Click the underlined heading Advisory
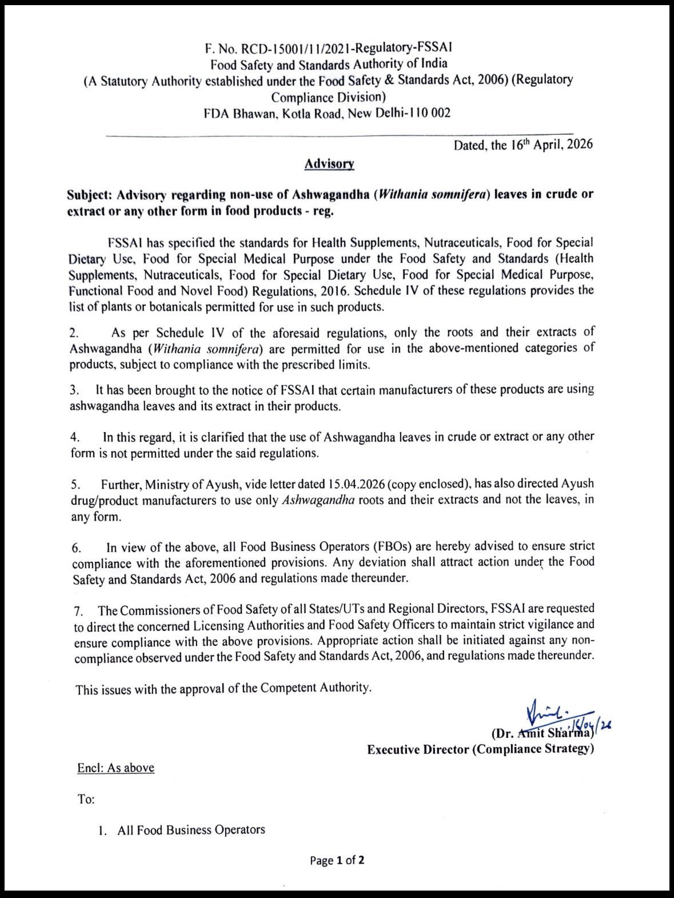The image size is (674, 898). pyautogui.click(x=329, y=163)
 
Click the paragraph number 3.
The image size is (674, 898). pyautogui.click(x=74, y=390)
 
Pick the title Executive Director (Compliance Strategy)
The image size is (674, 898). pyautogui.click(x=480, y=749)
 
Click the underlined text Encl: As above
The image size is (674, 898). pyautogui.click(x=115, y=768)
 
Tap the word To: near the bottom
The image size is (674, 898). pyautogui.click(x=86, y=799)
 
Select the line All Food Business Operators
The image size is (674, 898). pyautogui.click(x=191, y=830)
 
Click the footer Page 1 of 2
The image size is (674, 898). pyautogui.click(x=337, y=860)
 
